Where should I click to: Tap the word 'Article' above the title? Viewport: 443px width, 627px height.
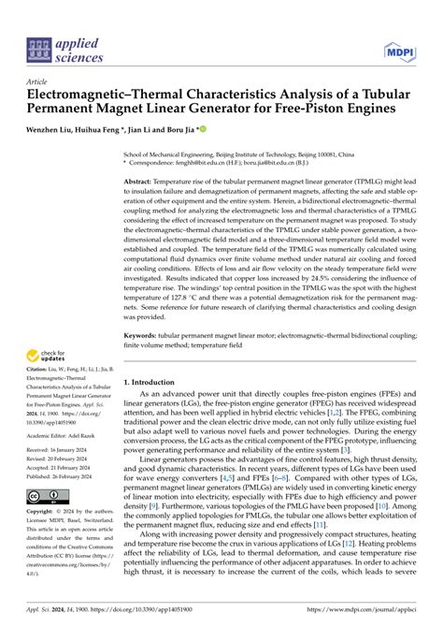(x=38, y=81)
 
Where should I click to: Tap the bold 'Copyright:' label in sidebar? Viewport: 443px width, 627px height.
(x=45, y=513)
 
